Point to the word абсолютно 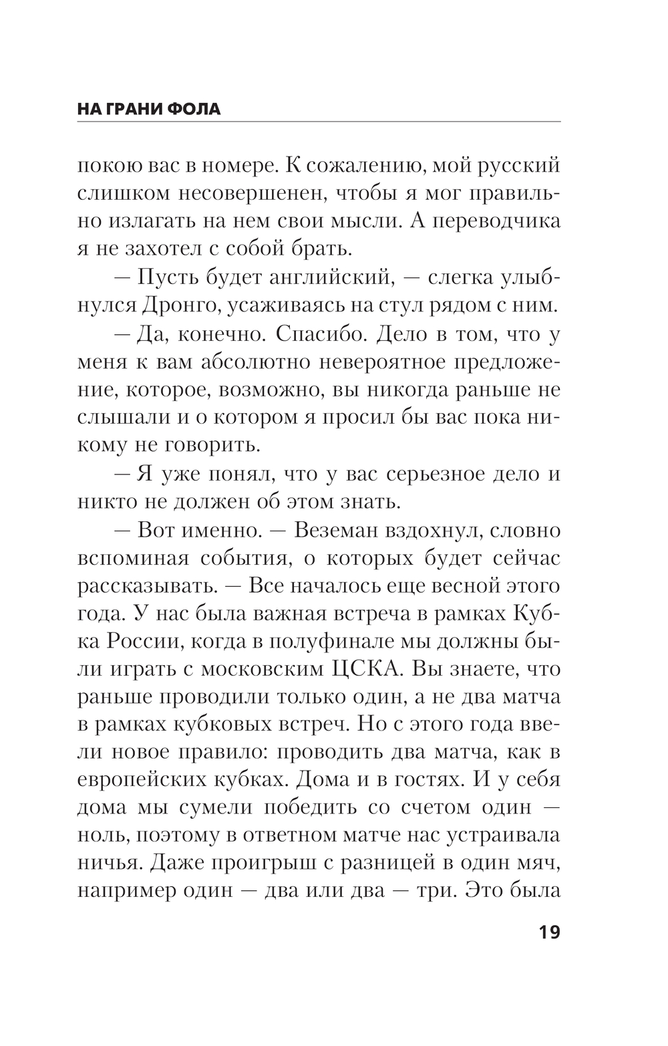[x=254, y=362]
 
